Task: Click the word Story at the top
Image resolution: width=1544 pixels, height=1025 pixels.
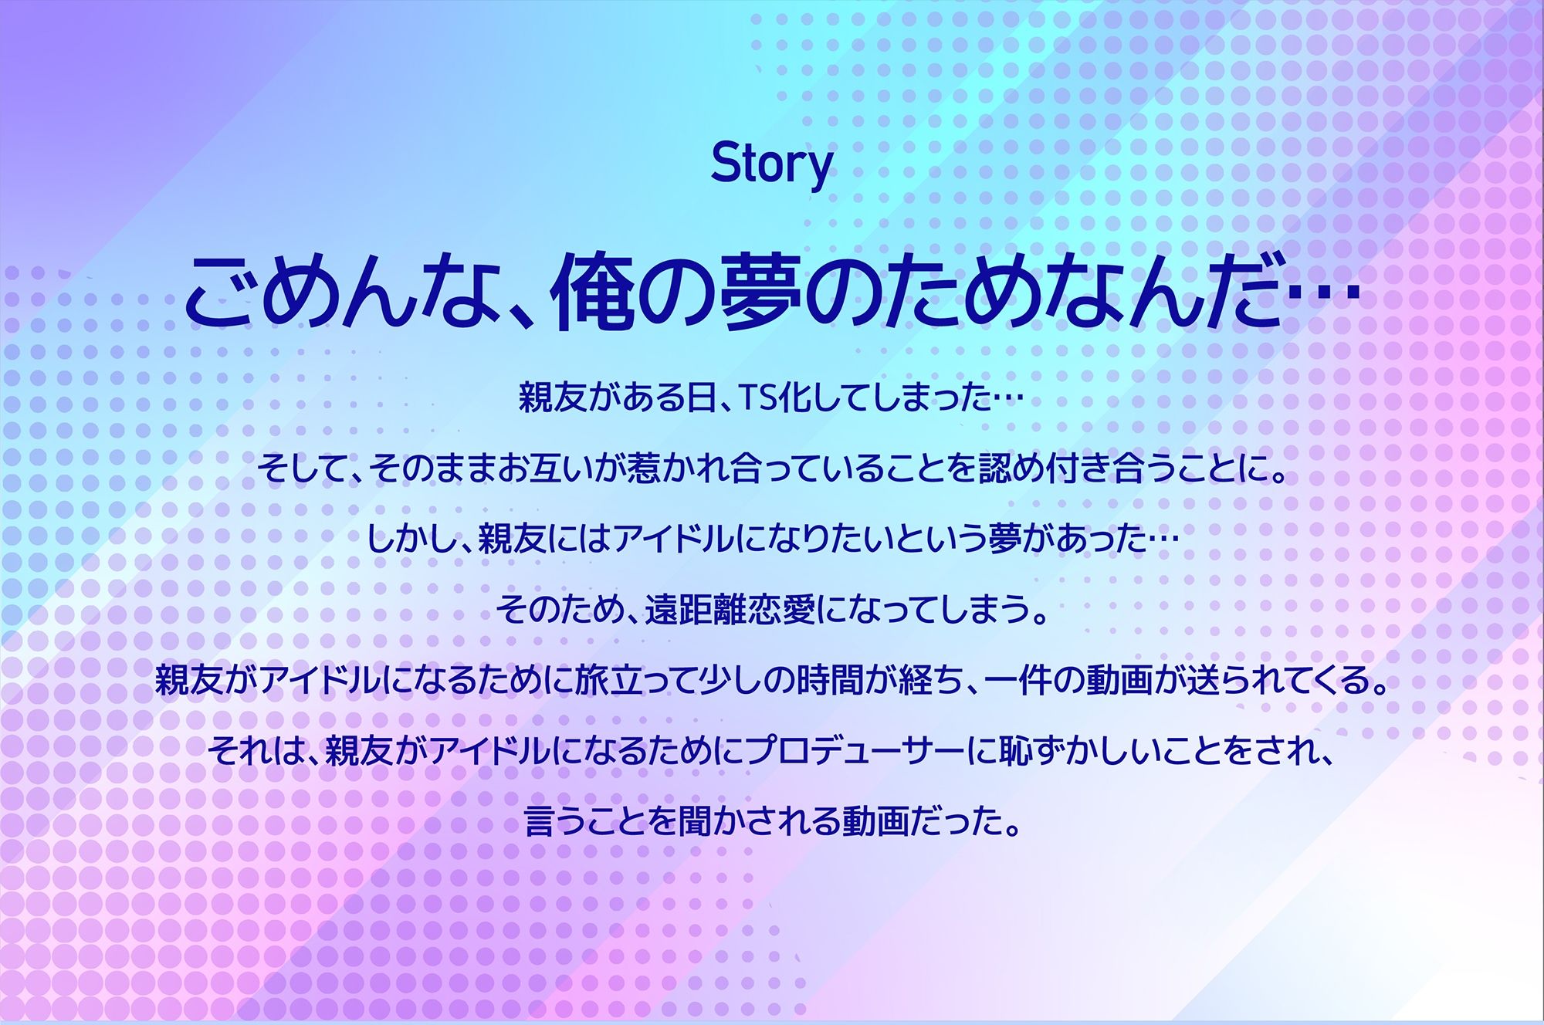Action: tap(771, 165)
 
